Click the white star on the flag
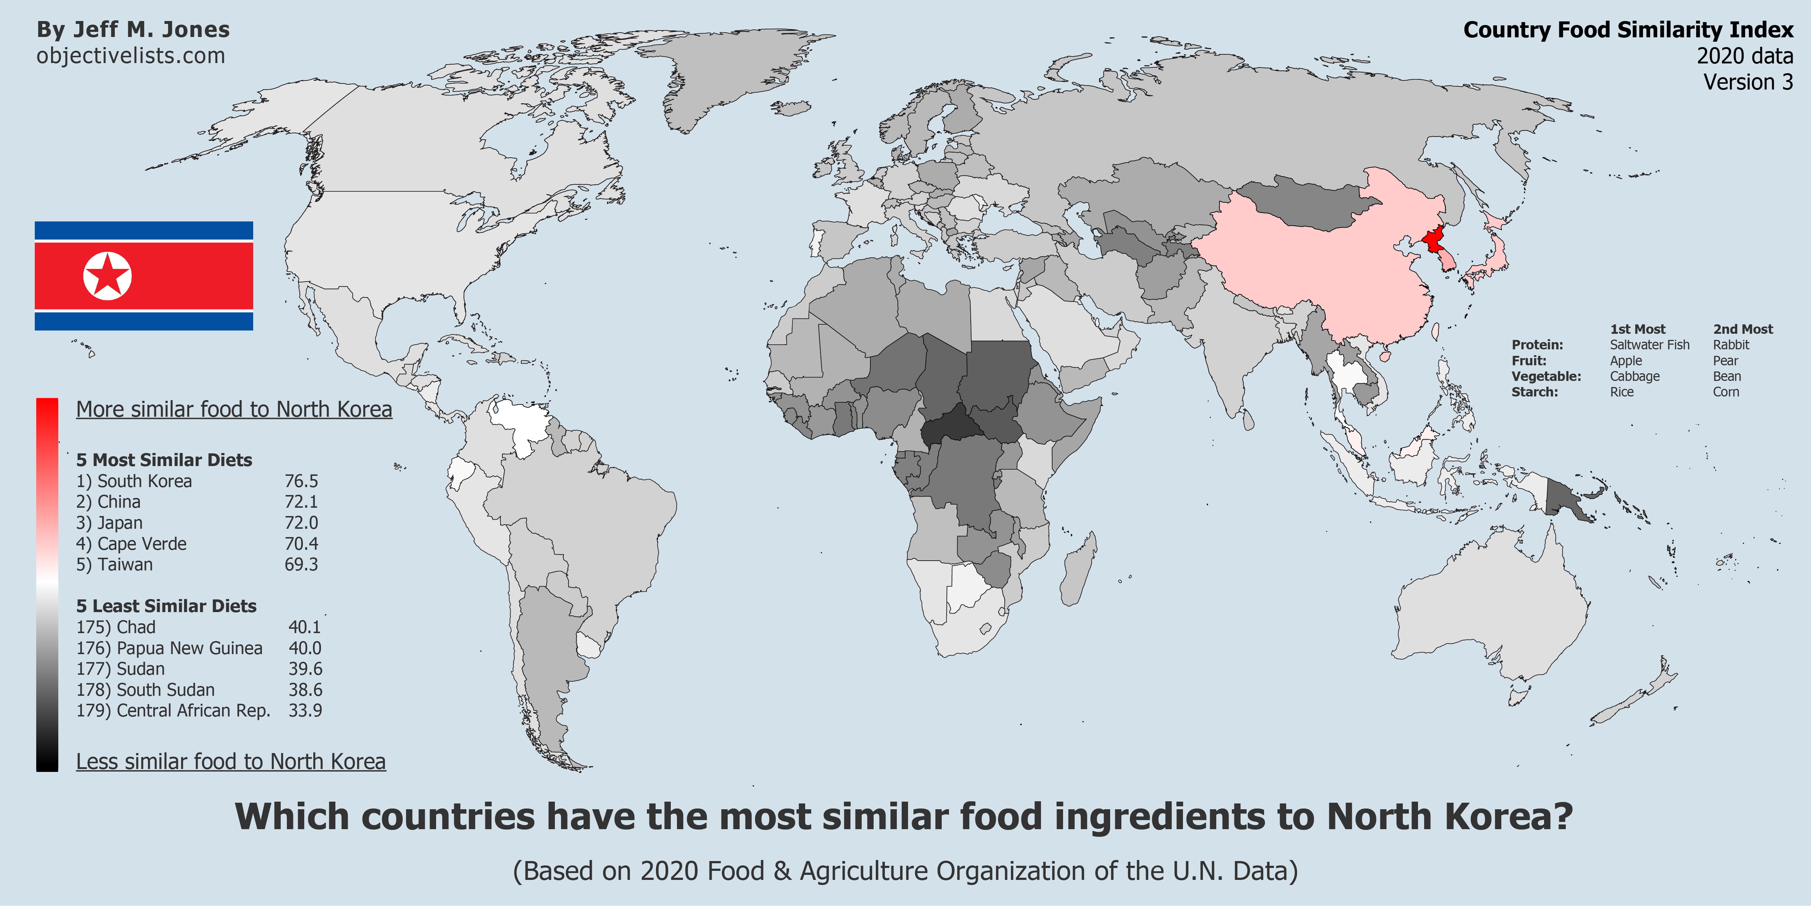tap(107, 276)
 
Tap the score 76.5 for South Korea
tap(301, 481)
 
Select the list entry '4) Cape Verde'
tap(131, 544)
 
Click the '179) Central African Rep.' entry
tap(173, 710)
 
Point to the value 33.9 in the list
tap(305, 710)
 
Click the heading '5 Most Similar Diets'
tap(164, 460)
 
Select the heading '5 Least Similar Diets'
tap(166, 606)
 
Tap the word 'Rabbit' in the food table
tap(1731, 345)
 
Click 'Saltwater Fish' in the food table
tap(1649, 345)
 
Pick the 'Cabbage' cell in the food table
tap(1635, 376)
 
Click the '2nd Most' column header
tap(1743, 329)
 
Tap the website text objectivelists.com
tap(131, 55)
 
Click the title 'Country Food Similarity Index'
tap(1628, 30)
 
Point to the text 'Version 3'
tap(1748, 82)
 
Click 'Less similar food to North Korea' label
tap(231, 762)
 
